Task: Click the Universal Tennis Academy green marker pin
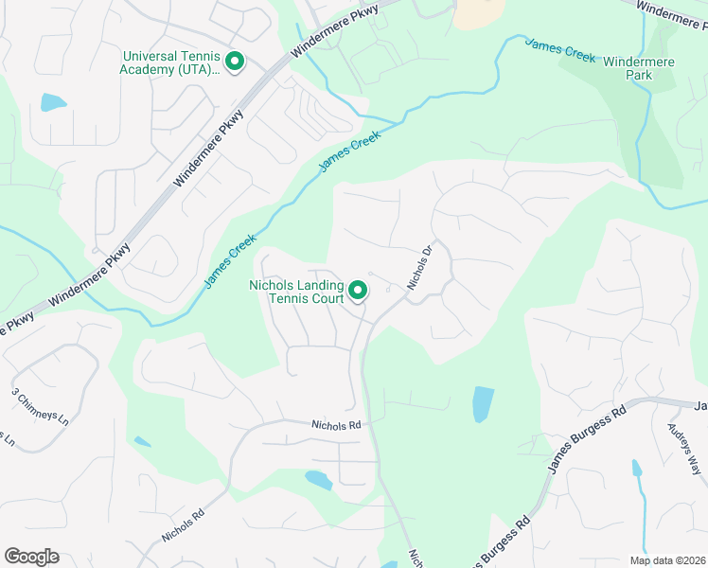[235, 62]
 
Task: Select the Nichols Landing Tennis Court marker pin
[358, 291]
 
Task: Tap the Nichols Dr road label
[420, 268]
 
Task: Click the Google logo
[31, 557]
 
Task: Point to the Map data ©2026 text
[667, 560]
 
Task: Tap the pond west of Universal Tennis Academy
[53, 102]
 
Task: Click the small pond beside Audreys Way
[637, 468]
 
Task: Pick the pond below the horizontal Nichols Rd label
[318, 480]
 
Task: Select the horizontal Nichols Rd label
[336, 426]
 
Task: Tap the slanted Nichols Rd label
[183, 527]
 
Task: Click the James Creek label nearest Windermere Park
[560, 50]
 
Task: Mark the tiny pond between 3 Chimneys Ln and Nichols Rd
[142, 441]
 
